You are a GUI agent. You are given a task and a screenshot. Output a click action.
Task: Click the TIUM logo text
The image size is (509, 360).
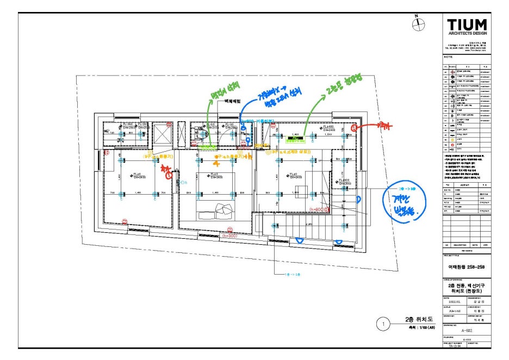(467, 25)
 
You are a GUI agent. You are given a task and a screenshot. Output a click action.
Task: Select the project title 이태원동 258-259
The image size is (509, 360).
(466, 267)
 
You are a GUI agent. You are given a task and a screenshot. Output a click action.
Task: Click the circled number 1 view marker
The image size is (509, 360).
(383, 325)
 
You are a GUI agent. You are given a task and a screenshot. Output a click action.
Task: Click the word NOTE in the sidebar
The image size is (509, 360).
(449, 56)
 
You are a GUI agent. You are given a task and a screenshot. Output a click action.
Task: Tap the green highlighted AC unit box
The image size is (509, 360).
(295, 138)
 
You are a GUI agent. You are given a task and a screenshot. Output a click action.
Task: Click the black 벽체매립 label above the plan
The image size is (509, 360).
(228, 102)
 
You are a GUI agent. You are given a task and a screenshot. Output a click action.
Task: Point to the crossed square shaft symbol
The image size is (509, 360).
(163, 133)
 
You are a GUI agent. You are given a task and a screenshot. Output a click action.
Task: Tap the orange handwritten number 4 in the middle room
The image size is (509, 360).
(216, 162)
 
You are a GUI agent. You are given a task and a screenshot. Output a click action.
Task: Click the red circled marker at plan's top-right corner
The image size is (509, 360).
(354, 128)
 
